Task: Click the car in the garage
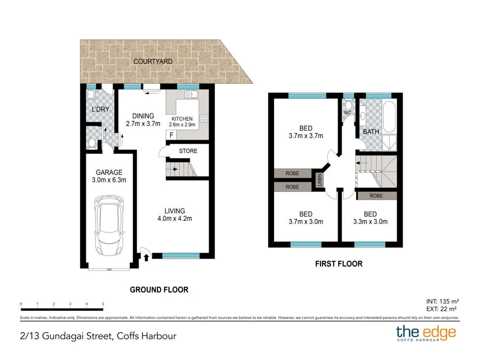pos(110,225)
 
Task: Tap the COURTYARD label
pos(153,62)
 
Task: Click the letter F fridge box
pos(171,135)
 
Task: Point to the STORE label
pos(188,151)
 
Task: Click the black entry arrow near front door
pos(146,258)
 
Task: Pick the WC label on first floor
pos(347,113)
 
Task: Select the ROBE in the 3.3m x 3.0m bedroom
pos(377,196)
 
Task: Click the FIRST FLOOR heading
pos(338,263)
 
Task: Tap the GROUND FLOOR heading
pos(159,290)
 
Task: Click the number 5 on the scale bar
pos(103,304)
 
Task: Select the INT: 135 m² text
pos(443,300)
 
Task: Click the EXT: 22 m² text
pos(443,309)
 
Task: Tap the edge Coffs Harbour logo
pos(426,334)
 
